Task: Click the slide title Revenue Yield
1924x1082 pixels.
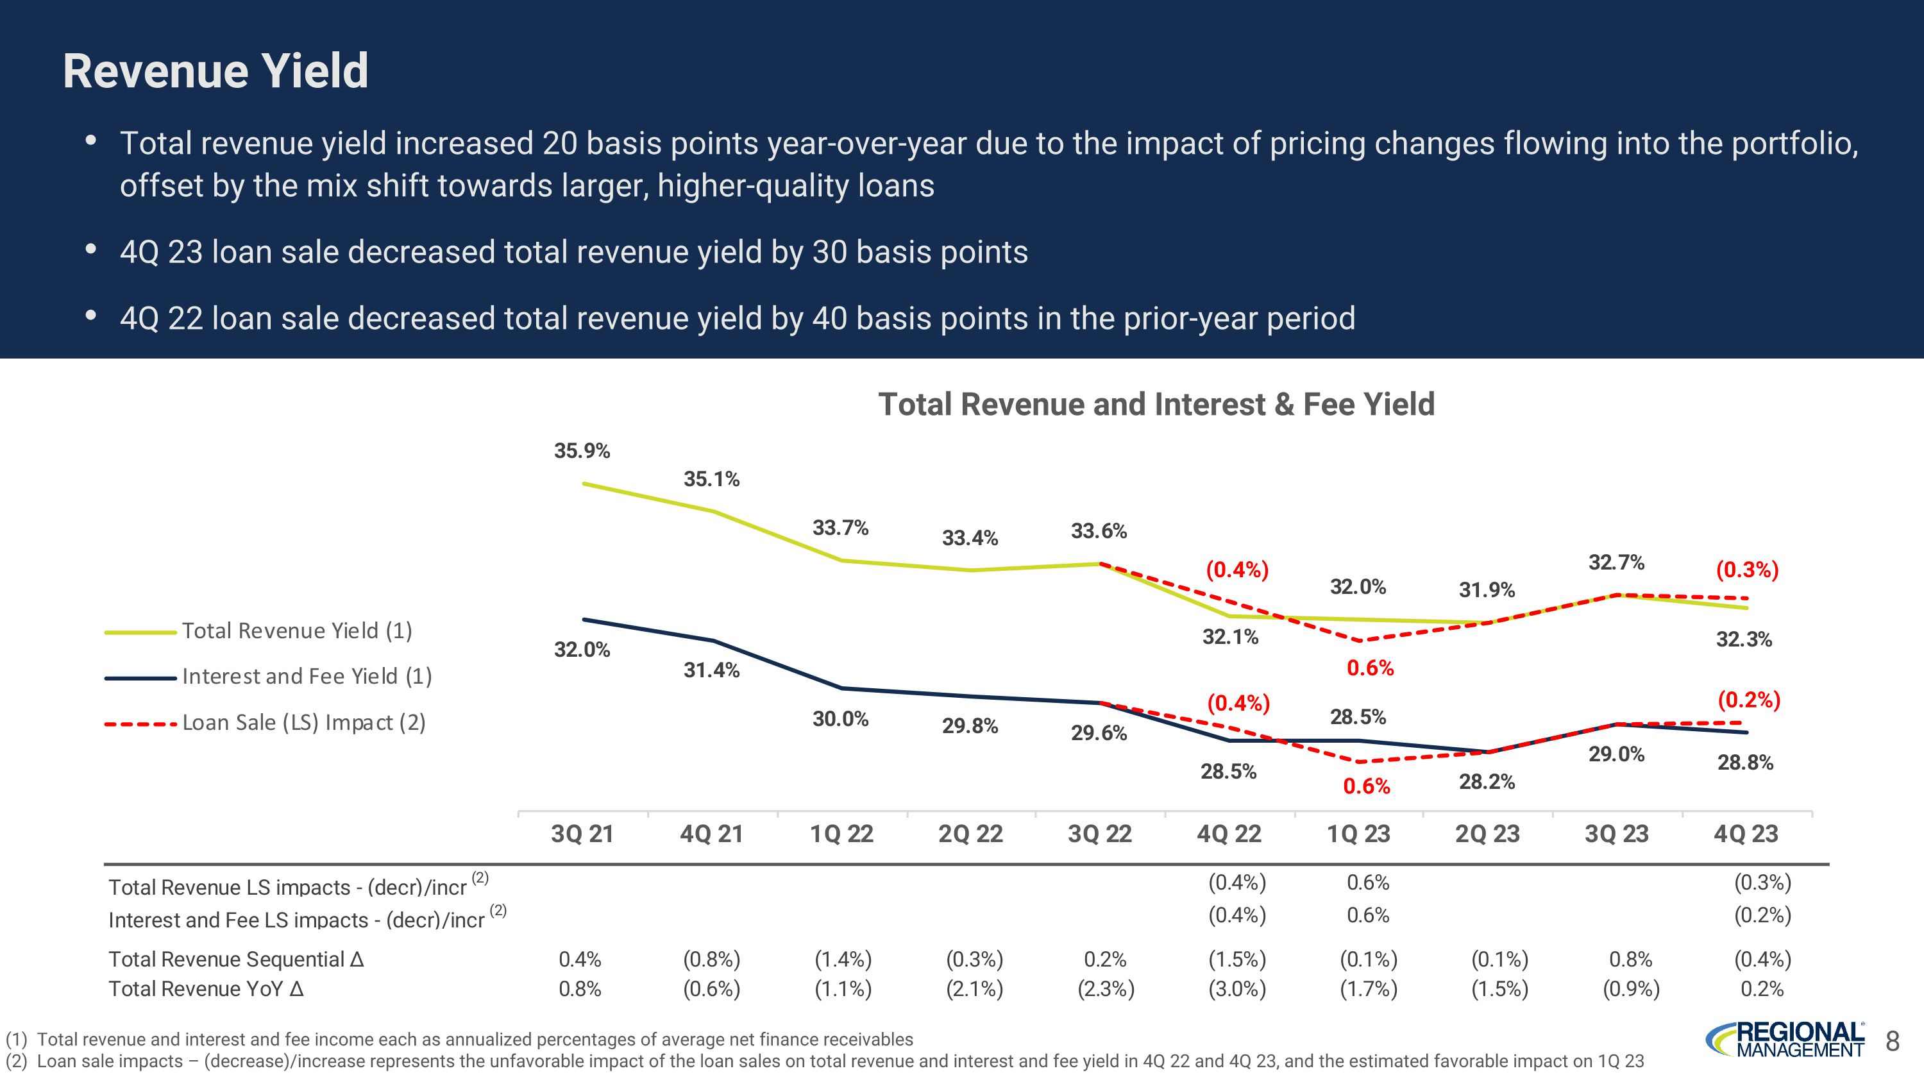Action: (215, 71)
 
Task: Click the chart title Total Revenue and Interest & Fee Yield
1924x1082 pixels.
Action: (1156, 404)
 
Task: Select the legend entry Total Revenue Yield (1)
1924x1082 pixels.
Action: (296, 631)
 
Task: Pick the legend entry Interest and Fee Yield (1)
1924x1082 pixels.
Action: (306, 677)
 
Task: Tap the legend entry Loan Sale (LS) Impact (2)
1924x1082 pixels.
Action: (303, 723)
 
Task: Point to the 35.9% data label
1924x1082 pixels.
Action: (582, 450)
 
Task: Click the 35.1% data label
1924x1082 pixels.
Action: (711, 478)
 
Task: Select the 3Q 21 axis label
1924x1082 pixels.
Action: (582, 833)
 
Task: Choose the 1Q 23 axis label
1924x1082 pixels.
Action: (1358, 833)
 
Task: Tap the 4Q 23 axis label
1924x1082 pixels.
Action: (1746, 833)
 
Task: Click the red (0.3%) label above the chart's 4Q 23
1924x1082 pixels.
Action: (1747, 570)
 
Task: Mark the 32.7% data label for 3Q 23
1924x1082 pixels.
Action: (1616, 562)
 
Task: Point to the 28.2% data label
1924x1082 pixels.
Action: (1487, 782)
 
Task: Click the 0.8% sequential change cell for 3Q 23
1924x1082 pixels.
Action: (1630, 959)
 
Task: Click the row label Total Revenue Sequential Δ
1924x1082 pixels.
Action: (236, 959)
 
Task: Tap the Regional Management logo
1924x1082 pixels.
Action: (1784, 1040)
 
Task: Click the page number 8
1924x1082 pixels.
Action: (1892, 1040)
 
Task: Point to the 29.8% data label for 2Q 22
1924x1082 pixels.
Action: (970, 726)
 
